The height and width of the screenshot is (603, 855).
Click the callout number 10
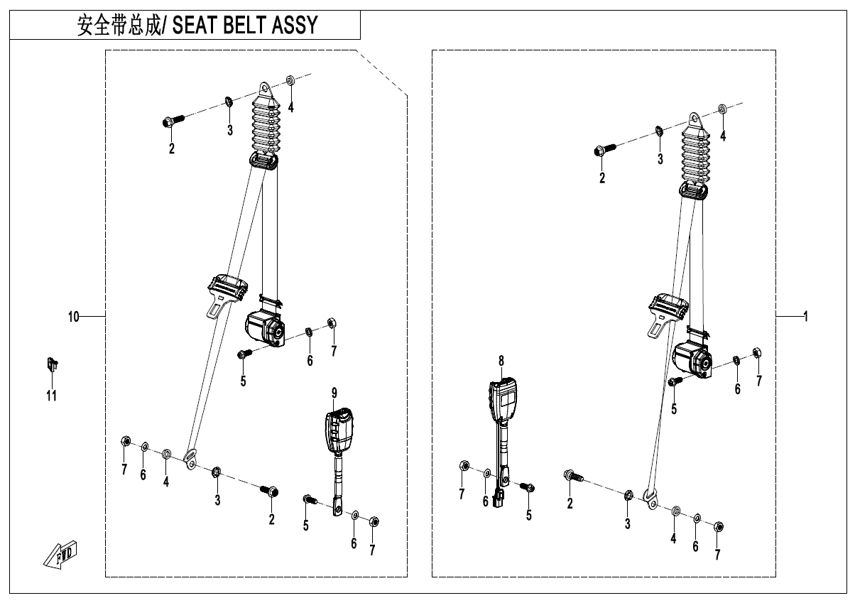[74, 316]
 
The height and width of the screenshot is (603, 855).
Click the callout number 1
[806, 316]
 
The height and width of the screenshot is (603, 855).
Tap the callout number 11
[52, 396]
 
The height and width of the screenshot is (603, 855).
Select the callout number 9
[334, 393]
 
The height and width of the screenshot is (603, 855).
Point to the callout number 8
[501, 361]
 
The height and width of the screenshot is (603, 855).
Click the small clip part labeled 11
[52, 364]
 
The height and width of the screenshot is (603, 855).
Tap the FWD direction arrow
[60, 555]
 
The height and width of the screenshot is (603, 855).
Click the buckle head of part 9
[339, 430]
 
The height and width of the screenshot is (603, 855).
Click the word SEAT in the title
[195, 25]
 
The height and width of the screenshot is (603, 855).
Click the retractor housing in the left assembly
[266, 329]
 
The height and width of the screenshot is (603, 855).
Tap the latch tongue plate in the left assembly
[227, 295]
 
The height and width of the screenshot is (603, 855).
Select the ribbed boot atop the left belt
[266, 126]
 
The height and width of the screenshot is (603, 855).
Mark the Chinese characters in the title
[119, 26]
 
